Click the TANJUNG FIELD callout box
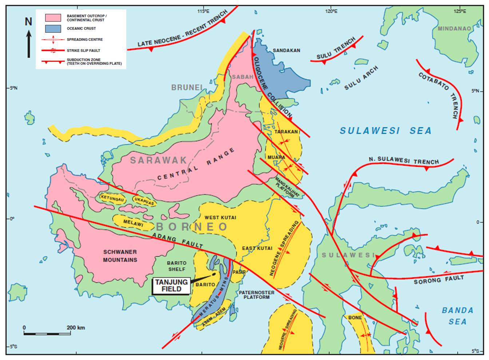(171, 286)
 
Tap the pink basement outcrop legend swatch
(53, 18)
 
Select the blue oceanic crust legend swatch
(53, 28)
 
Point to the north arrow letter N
(28, 22)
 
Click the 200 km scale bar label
(76, 328)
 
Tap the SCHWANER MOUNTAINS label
(120, 256)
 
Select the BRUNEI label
(187, 87)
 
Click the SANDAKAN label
(286, 51)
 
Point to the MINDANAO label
(454, 28)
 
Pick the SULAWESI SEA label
(385, 131)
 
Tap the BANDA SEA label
(457, 316)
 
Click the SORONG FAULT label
(439, 280)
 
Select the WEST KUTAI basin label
(220, 217)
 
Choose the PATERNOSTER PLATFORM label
(254, 294)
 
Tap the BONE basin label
(355, 317)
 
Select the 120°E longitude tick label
(331, 11)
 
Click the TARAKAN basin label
(286, 132)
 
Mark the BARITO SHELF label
(176, 266)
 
